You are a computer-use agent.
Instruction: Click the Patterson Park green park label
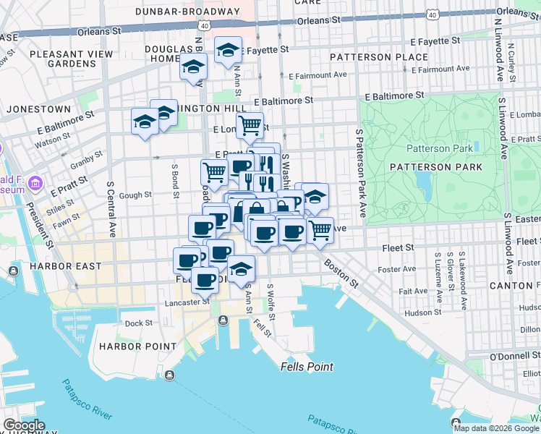pyautogui.click(x=439, y=148)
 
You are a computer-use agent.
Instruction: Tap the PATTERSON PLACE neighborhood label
pyautogui.click(x=368, y=56)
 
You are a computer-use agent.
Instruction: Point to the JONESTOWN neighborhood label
pyautogui.click(x=38, y=109)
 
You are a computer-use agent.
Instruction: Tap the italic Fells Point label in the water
pyautogui.click(x=307, y=367)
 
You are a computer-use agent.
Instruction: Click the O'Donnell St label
pyautogui.click(x=515, y=356)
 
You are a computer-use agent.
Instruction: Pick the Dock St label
pyautogui.click(x=138, y=323)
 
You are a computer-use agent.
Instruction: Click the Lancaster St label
pyautogui.click(x=187, y=301)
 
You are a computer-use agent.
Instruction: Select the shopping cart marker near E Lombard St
pyautogui.click(x=250, y=125)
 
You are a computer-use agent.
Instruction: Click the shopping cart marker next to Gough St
pyautogui.click(x=215, y=172)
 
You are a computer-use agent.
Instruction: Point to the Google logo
pyautogui.click(x=25, y=425)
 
